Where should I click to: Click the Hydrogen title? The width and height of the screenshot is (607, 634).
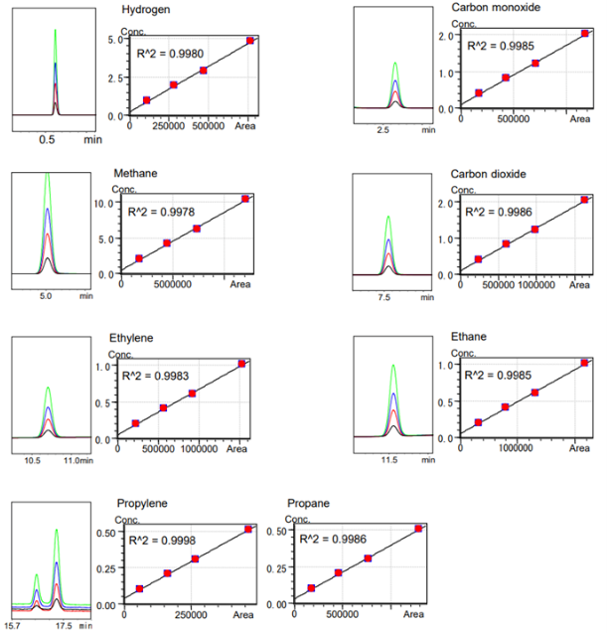pyautogui.click(x=144, y=10)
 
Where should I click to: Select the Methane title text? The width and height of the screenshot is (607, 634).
pyautogui.click(x=136, y=174)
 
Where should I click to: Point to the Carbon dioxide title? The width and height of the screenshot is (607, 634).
pyautogui.click(x=488, y=174)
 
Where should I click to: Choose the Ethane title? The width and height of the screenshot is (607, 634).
pyautogui.click(x=469, y=337)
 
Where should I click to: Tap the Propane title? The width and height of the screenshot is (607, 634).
pyautogui.click(x=308, y=504)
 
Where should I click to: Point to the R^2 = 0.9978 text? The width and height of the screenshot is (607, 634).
pyautogui.click(x=162, y=210)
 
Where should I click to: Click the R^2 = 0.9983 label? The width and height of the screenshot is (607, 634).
pyautogui.click(x=155, y=375)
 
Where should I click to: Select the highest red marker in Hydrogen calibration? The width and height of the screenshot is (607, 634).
pyautogui.click(x=250, y=41)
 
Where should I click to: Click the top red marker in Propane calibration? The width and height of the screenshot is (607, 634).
pyautogui.click(x=418, y=529)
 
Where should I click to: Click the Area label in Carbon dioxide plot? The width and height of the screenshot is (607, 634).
pyautogui.click(x=580, y=284)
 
